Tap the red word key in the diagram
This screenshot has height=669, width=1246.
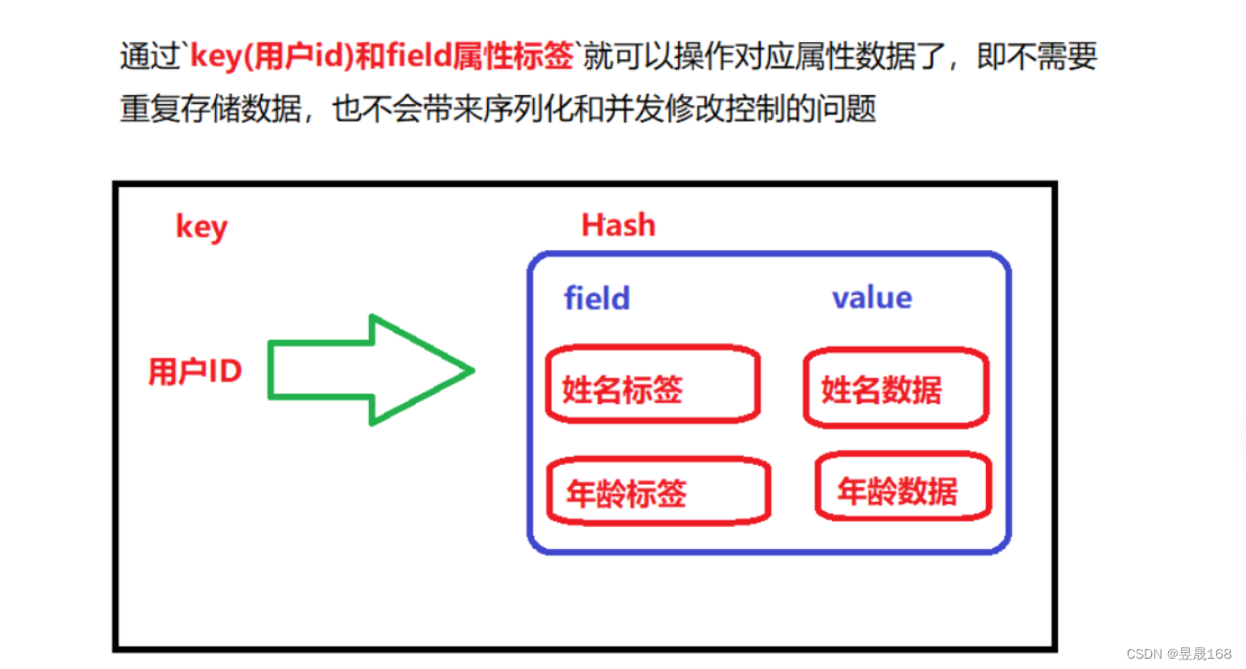201,226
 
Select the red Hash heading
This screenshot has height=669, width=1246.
618,226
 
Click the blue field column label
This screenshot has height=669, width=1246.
596,299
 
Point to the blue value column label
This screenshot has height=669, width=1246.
871,298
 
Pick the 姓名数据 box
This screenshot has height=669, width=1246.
895,387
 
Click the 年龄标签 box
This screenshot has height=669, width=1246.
657,492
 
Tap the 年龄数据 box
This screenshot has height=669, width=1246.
901,490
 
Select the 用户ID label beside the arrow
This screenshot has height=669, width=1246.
195,371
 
